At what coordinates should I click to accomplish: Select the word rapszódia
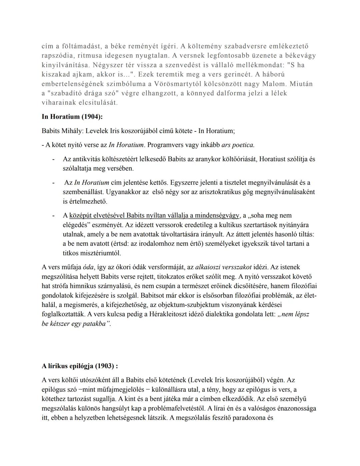[x=57, y=55]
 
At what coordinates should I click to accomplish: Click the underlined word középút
[x=80, y=215]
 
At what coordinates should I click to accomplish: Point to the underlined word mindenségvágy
[x=217, y=215]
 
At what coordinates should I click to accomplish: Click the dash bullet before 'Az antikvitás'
[x=53, y=159]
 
